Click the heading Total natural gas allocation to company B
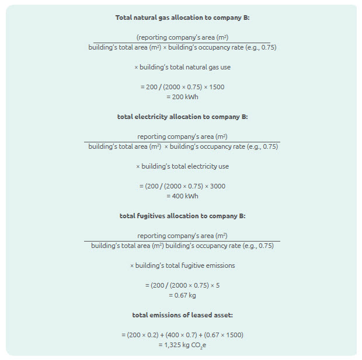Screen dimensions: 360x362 [x=182, y=18]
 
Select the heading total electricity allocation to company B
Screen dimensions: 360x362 [x=182, y=117]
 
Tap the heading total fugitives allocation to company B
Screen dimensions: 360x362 [x=182, y=216]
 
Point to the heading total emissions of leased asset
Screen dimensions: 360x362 [x=182, y=315]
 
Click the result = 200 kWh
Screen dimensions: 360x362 [x=182, y=97]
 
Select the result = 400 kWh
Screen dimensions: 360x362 [x=182, y=196]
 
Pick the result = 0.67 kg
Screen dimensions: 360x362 [x=182, y=295]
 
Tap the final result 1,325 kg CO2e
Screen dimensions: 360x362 [x=182, y=345]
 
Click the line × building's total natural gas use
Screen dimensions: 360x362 [x=182, y=67]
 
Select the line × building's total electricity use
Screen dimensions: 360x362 [x=182, y=166]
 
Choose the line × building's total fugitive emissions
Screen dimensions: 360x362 [x=182, y=265]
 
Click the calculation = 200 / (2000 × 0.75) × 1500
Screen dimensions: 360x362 [x=182, y=87]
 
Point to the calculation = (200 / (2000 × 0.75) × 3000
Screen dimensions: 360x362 [x=182, y=186]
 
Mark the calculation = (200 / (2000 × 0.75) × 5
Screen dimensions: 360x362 [x=182, y=285]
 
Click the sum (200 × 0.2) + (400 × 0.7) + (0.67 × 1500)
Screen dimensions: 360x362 [x=182, y=335]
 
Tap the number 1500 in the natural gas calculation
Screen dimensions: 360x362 [x=216, y=87]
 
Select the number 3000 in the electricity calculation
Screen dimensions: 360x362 [x=217, y=186]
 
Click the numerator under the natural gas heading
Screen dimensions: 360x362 [x=182, y=37]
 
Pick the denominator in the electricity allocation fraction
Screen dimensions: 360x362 [x=183, y=147]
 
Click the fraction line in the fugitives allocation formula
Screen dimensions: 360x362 [x=182, y=241]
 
